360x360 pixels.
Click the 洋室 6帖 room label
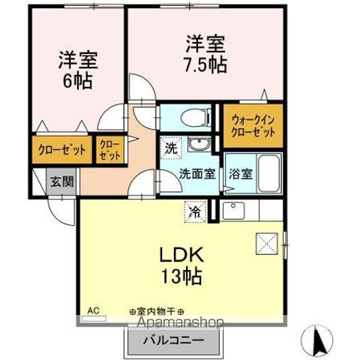point(77,69)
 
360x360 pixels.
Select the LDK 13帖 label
point(179,265)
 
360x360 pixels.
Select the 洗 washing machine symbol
point(171,148)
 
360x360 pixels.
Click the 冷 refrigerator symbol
point(194,211)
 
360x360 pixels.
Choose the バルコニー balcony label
point(173,341)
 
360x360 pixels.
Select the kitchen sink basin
point(229,211)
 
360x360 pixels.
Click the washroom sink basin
point(199,145)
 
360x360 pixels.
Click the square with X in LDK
point(266,241)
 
